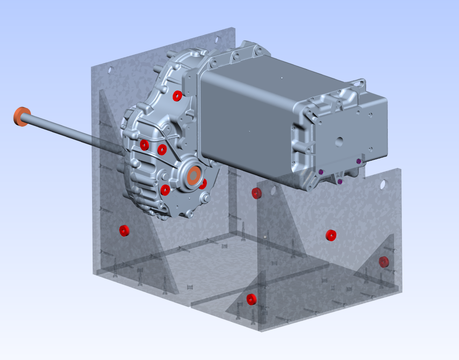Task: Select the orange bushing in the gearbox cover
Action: pyautogui.click(x=194, y=175)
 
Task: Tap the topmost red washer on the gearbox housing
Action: pyautogui.click(x=177, y=95)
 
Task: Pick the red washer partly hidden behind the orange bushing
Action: pyautogui.click(x=203, y=183)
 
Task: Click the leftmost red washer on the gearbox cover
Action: pyautogui.click(x=144, y=145)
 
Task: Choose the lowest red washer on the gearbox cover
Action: pyautogui.click(x=166, y=189)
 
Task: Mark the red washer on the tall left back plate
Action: pyautogui.click(x=124, y=231)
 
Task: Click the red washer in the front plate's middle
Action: pyautogui.click(x=331, y=235)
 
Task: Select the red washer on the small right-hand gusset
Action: pyautogui.click(x=384, y=261)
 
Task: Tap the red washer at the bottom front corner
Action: pyautogui.click(x=251, y=299)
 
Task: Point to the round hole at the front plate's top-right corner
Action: pyautogui.click(x=383, y=184)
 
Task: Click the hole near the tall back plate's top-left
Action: pyautogui.click(x=110, y=70)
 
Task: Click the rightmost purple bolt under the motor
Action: pyautogui.click(x=359, y=161)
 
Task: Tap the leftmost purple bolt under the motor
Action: pyautogui.click(x=321, y=172)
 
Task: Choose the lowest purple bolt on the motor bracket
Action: pyautogui.click(x=340, y=182)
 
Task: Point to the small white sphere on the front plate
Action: pyautogui.click(x=264, y=237)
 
